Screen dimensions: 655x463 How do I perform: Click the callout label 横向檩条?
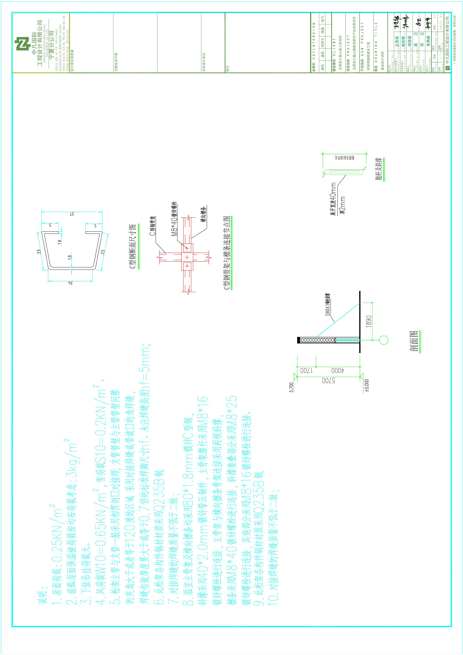pyautogui.click(x=203, y=214)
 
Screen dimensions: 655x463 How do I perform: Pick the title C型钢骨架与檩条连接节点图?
pyautogui.click(x=227, y=253)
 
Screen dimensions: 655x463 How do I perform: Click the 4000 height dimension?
pyautogui.click(x=338, y=371)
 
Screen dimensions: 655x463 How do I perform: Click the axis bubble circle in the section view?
pyautogui.click(x=384, y=340)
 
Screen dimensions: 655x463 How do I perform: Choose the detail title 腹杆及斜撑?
pyautogui.click(x=379, y=169)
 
